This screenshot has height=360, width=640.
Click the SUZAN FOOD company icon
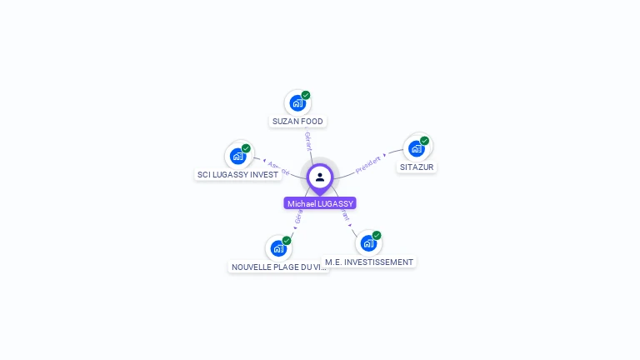click(x=297, y=103)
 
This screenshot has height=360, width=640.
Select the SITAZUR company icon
click(x=417, y=148)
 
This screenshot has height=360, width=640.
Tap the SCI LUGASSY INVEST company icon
click(x=237, y=156)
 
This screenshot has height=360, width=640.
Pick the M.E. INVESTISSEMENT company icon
click(x=368, y=243)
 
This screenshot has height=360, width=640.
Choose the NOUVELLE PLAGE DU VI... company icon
click(x=278, y=247)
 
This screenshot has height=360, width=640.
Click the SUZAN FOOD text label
click(x=297, y=122)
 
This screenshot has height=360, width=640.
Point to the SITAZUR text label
click(x=417, y=167)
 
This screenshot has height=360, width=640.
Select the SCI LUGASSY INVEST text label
click(x=237, y=175)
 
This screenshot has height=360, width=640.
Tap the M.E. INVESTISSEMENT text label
click(x=369, y=262)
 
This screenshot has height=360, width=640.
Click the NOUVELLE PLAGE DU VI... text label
click(x=279, y=267)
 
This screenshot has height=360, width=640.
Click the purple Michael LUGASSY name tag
click(x=320, y=203)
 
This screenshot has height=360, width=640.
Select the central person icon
click(x=320, y=177)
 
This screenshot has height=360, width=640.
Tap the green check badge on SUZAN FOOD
click(x=306, y=95)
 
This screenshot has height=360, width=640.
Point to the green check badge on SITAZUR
click(x=425, y=141)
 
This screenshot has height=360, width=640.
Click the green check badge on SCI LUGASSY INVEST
click(x=246, y=148)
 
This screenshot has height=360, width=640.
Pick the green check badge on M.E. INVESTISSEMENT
click(x=377, y=236)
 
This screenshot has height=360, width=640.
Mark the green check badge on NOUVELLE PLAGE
click(x=287, y=240)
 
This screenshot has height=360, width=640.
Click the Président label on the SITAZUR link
click(x=368, y=163)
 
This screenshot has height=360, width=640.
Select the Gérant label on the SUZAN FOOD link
click(x=308, y=141)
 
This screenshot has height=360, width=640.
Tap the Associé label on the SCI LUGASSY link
click(x=278, y=167)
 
